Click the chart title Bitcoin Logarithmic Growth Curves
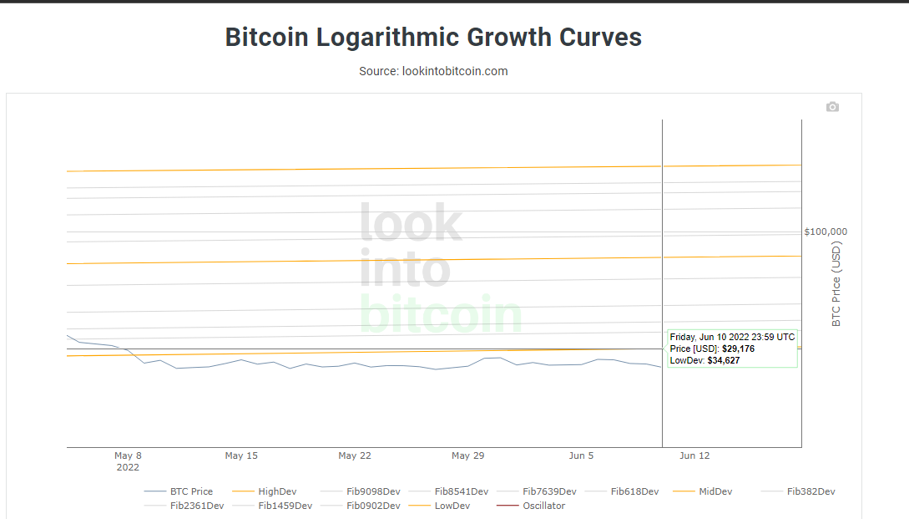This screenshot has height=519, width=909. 433,38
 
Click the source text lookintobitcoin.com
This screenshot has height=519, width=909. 433,71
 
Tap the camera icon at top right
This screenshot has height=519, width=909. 832,107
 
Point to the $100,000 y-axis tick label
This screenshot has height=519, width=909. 826,232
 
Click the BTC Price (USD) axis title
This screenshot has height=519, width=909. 837,283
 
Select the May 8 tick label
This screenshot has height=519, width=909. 128,456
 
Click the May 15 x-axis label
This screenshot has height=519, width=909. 241,456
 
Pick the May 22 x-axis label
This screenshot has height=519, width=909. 355,456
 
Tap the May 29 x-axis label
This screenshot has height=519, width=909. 467,456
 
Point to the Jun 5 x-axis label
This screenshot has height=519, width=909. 581,456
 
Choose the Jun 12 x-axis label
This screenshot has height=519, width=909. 694,456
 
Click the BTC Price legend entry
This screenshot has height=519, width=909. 191,491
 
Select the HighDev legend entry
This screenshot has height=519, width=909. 277,491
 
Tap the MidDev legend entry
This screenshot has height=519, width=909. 715,491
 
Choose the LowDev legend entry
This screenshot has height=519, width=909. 452,506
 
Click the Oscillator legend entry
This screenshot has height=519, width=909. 543,506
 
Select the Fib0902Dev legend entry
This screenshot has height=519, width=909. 373,506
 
